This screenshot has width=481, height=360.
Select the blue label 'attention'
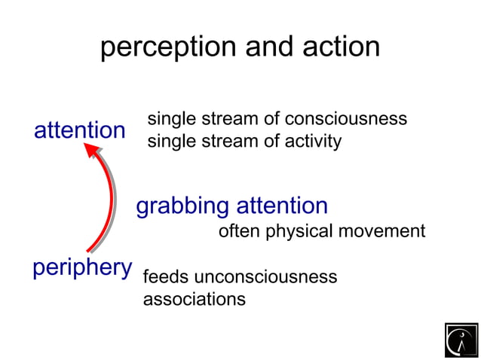click(79, 130)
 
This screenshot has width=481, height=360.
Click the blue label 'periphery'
click(81, 267)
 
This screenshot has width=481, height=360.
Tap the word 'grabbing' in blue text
click(182, 206)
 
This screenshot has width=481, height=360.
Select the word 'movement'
click(382, 231)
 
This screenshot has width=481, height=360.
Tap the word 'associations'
click(194, 299)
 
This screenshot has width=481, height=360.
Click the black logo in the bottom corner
click(461, 340)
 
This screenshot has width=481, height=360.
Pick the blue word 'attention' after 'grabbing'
click(282, 206)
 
